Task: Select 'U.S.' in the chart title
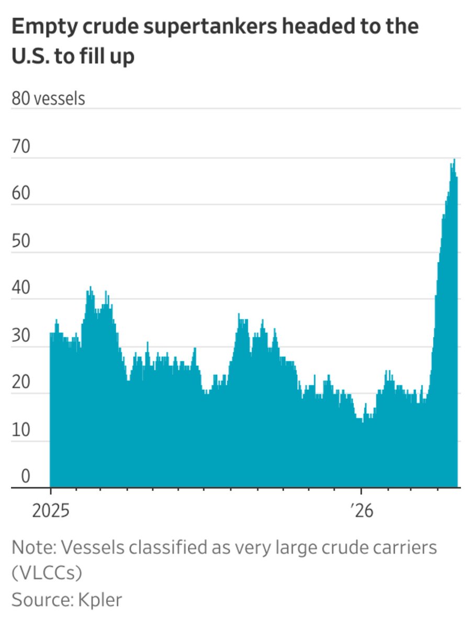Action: click(32, 57)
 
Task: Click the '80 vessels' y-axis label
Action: click(48, 98)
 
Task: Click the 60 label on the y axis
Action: click(21, 196)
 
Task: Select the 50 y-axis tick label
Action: click(21, 243)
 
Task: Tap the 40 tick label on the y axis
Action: click(21, 290)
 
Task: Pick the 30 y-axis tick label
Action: click(21, 337)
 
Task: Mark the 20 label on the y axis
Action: click(21, 384)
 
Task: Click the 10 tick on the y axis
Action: click(21, 431)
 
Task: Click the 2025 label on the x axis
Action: click(51, 511)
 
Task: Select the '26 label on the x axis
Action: click(362, 511)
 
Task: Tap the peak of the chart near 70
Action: click(454, 160)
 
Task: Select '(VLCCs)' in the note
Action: click(47, 574)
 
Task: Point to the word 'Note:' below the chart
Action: click(33, 548)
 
